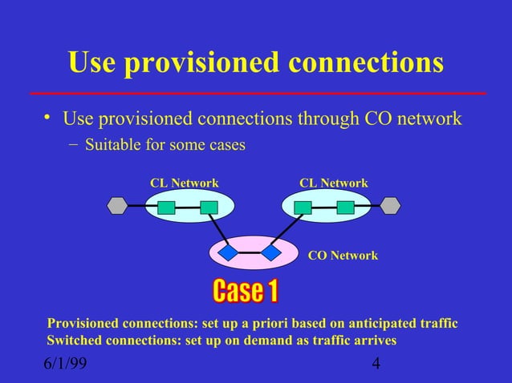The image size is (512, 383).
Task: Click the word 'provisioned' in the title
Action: [204, 63]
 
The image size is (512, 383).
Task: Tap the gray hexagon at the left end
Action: [118, 206]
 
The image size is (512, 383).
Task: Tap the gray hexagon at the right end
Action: [390, 206]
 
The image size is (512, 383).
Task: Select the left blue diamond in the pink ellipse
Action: [230, 252]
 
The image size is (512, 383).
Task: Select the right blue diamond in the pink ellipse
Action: [270, 253]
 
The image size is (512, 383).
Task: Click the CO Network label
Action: [343, 256]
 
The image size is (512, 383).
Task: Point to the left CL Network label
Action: [185, 183]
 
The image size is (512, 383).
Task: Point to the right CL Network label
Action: [334, 183]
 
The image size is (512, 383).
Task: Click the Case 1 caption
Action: [245, 292]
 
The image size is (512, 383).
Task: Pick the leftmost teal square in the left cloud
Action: [166, 208]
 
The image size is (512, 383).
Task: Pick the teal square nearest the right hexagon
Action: [346, 208]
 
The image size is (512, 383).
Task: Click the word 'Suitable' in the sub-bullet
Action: [111, 146]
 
